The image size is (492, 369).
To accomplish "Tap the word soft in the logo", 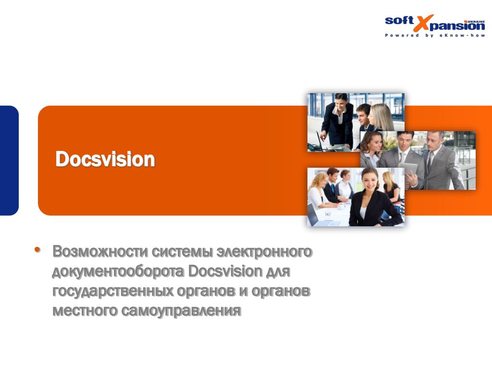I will point(399,21).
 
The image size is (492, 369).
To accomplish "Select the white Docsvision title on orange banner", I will point(105,160).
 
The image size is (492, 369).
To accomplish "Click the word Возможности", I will point(100,251).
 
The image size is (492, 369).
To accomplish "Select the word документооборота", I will point(118,271).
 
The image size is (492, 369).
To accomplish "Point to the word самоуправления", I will point(181,311).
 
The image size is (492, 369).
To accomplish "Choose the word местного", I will point(85,311).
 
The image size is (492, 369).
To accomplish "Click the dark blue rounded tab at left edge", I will point(9,160).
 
